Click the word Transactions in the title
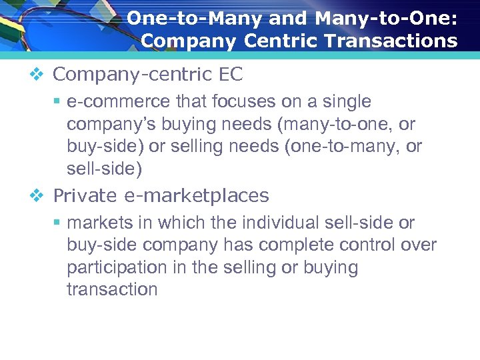pyautogui.click(x=394, y=41)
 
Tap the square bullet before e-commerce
pyautogui.click(x=58, y=102)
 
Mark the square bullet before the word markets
pyautogui.click(x=58, y=223)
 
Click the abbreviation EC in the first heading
pyautogui.click(x=231, y=75)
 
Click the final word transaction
pyautogui.click(x=112, y=290)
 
